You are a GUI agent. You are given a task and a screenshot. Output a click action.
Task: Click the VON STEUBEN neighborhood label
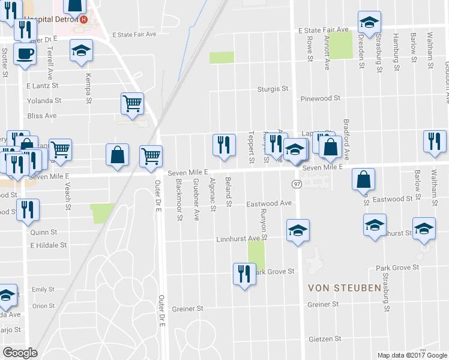tap(344, 288)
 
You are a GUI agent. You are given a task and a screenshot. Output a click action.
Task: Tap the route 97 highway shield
tap(297, 183)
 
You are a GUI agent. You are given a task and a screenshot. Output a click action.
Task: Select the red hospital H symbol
tap(83, 19)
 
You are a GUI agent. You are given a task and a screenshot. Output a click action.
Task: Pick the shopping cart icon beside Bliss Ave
tap(132, 103)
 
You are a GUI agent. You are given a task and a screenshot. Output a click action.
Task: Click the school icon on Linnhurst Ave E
tap(298, 230)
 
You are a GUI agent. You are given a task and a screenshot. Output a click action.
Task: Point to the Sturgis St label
tap(273, 89)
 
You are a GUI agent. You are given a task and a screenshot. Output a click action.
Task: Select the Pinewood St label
tap(321, 97)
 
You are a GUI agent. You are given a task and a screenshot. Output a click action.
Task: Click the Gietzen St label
tap(321, 339)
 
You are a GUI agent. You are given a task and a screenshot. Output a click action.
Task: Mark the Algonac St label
tap(212, 194)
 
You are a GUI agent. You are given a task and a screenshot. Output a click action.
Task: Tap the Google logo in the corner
tap(20, 353)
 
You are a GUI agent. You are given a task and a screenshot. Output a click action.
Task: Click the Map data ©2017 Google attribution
tap(411, 355)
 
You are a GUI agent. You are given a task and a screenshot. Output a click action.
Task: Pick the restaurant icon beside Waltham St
tap(434, 141)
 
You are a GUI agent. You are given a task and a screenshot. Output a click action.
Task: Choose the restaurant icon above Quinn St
tap(28, 209)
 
